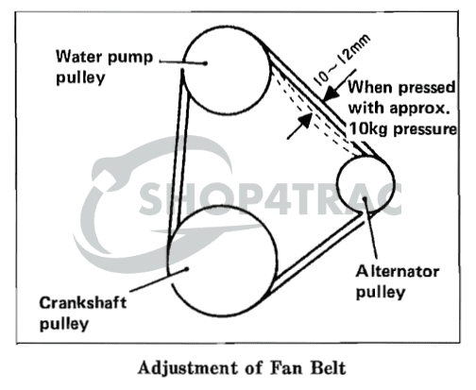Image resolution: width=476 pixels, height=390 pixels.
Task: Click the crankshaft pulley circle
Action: pos(277,262)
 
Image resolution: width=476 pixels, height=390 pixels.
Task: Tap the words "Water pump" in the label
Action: pos(104,58)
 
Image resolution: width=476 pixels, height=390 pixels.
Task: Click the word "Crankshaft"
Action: pos(82,303)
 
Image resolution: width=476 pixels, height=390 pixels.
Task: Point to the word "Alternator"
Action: pos(398,272)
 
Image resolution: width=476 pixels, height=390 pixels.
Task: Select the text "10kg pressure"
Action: pos(402,129)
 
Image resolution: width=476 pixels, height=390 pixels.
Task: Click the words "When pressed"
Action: pos(401,87)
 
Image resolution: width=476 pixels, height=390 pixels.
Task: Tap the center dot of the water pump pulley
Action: pos(205,63)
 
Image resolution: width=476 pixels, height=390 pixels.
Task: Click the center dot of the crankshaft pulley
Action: pos(187,269)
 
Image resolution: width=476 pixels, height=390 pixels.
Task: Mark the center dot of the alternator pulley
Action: pos(365,199)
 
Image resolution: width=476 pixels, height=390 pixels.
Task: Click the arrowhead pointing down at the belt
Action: pos(330,93)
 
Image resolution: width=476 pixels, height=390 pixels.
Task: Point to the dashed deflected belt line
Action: pos(314,115)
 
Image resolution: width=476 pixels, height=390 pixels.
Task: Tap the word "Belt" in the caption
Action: pos(328,368)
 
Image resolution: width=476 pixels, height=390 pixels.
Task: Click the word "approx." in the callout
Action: pos(419,109)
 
